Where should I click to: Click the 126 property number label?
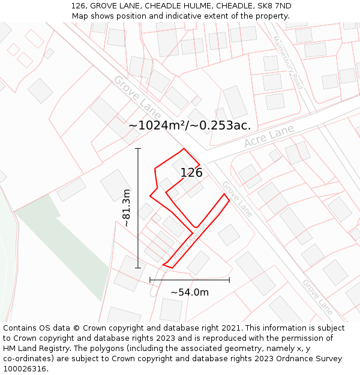tap(191, 173)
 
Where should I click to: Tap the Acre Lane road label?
tap(269, 137)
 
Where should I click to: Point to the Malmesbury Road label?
tap(287, 62)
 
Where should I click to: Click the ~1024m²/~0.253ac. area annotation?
tap(190, 125)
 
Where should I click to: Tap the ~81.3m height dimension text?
tap(127, 208)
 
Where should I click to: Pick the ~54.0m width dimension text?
tap(190, 292)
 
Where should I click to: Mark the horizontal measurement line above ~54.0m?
tap(190, 280)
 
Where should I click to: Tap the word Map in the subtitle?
tap(80, 16)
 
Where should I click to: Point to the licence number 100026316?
tap(26, 369)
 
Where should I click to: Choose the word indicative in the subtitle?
tap(194, 16)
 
